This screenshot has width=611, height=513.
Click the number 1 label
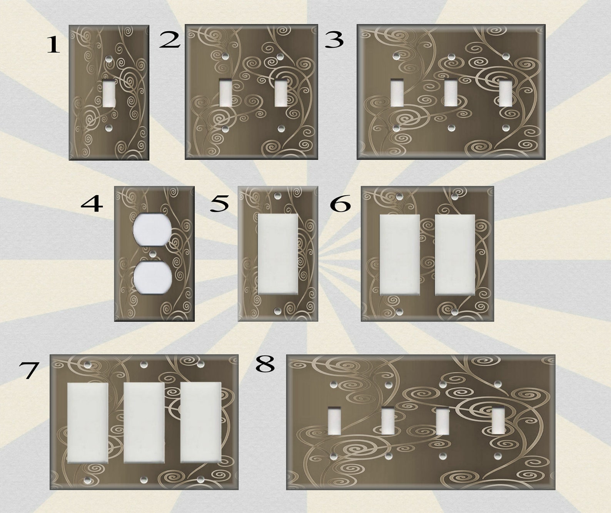point(53,45)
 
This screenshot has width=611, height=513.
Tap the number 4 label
point(92,204)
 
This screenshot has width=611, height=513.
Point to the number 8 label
point(265,364)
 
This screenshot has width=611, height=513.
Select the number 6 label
point(341,204)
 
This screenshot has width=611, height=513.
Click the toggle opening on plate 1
point(109,94)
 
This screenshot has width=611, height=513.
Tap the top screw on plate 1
point(109,59)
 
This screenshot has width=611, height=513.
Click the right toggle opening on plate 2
point(281,93)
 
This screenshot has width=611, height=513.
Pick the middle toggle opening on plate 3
point(451,93)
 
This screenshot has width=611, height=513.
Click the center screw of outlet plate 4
point(153,253)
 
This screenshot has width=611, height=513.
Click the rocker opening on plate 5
point(278,254)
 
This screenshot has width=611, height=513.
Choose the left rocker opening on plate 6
point(399,255)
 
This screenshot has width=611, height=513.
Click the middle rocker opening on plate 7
point(144,422)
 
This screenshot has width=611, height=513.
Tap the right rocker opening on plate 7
point(201,422)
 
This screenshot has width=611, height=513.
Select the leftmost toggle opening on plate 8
point(334,421)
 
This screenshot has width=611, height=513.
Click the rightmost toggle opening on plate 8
point(498,421)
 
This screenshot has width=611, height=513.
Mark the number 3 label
point(334,40)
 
